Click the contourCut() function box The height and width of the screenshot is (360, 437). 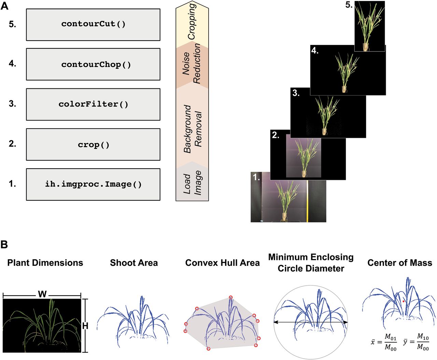(93, 25)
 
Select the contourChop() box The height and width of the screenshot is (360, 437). (93, 64)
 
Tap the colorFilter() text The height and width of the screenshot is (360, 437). (93, 104)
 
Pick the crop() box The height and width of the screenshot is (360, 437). (93, 145)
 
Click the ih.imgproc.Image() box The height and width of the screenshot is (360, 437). (93, 185)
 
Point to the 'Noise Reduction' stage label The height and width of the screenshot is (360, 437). (192, 63)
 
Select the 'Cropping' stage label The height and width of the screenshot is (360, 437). (192, 21)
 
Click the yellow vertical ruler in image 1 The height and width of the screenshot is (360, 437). (307, 201)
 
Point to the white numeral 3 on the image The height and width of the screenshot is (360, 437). (296, 93)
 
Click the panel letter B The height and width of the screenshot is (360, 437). (4, 244)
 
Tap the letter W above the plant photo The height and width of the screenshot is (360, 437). (42, 294)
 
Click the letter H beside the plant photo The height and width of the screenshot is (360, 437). (85, 326)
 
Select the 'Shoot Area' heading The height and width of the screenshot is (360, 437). (134, 263)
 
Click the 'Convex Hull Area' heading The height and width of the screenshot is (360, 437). (222, 263)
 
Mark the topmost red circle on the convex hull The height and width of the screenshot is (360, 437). (231, 297)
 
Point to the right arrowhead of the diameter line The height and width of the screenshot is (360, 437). (346, 322)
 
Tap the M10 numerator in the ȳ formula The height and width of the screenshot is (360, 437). (423, 336)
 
